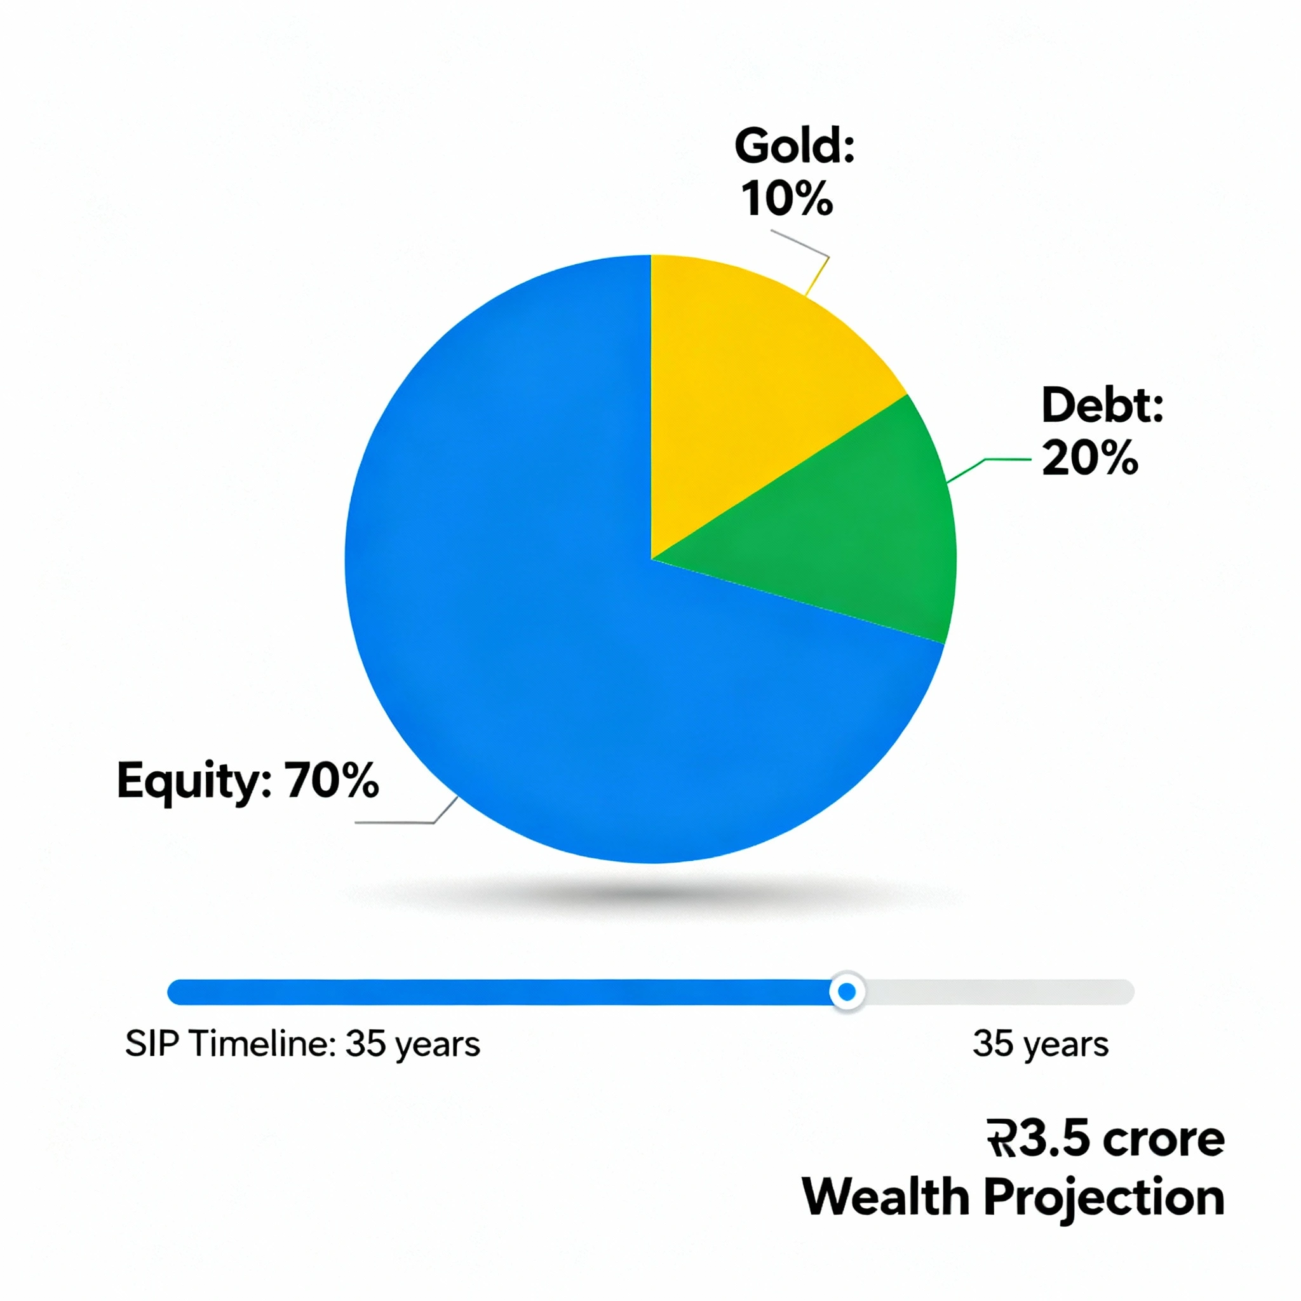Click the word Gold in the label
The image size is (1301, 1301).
(x=794, y=146)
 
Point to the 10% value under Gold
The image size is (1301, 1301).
(x=786, y=199)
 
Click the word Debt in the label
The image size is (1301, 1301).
(x=1102, y=405)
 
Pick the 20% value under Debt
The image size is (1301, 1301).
(x=1089, y=458)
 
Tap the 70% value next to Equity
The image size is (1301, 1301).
(x=332, y=781)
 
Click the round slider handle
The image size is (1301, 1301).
(x=847, y=991)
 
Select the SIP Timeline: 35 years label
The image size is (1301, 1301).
(x=302, y=1045)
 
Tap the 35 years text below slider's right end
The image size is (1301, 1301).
(x=1041, y=1045)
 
